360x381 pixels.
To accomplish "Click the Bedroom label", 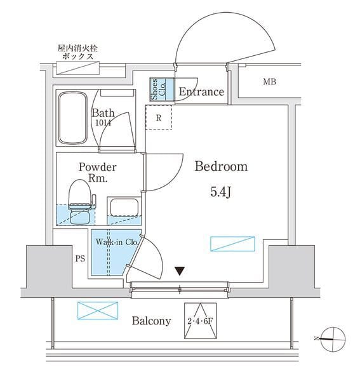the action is tap(221, 166).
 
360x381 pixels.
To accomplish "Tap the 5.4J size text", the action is tap(221, 192).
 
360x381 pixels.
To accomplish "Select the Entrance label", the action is tap(201, 91).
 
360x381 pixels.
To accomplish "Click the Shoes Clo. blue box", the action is tap(162, 89).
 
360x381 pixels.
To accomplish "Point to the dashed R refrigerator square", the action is tap(159, 117).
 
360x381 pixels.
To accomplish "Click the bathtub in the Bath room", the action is tap(72, 118).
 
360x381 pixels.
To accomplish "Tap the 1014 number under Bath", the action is tap(103, 123).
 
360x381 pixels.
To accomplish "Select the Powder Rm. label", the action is tap(97, 173).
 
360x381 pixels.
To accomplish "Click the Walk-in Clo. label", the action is tap(117, 242).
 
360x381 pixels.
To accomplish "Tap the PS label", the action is tap(80, 258).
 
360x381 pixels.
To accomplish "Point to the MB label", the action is tap(270, 82).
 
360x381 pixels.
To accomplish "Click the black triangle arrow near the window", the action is tap(180, 271).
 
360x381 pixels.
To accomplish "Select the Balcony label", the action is tap(151, 321).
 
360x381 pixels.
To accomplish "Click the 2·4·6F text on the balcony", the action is tap(200, 321).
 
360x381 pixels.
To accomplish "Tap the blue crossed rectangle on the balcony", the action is tap(98, 311).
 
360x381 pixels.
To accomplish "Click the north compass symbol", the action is tap(333, 339).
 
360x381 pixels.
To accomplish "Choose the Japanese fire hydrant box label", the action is tap(77, 52).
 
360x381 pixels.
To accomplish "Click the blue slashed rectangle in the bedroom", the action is tap(232, 244).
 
